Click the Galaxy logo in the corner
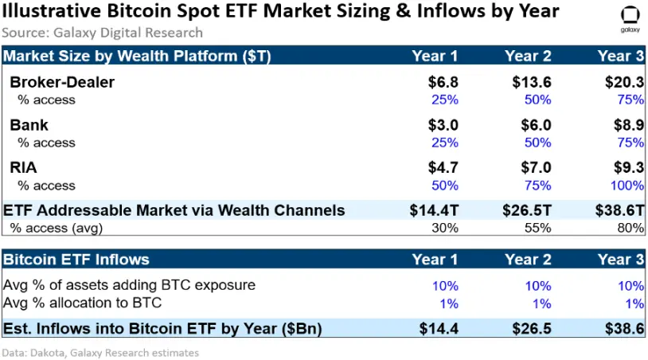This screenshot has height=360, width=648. click(x=628, y=18)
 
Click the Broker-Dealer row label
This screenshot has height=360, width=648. click(x=62, y=83)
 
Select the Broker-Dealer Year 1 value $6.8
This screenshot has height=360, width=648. click(x=442, y=83)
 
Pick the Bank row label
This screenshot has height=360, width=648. click(x=29, y=125)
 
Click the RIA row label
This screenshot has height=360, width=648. click(x=24, y=167)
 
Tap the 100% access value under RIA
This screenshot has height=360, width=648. click(x=626, y=186)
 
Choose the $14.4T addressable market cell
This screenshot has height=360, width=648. click(x=434, y=210)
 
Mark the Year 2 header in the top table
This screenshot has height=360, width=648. click(x=528, y=56)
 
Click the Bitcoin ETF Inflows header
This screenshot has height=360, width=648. click(x=76, y=259)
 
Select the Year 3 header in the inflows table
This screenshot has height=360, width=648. click(x=621, y=259)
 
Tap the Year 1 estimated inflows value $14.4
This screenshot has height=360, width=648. click(x=439, y=328)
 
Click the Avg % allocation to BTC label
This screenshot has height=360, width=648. click(x=83, y=303)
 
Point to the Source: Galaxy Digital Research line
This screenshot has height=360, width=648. click(x=102, y=33)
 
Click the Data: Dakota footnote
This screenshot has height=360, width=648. click(x=100, y=352)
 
